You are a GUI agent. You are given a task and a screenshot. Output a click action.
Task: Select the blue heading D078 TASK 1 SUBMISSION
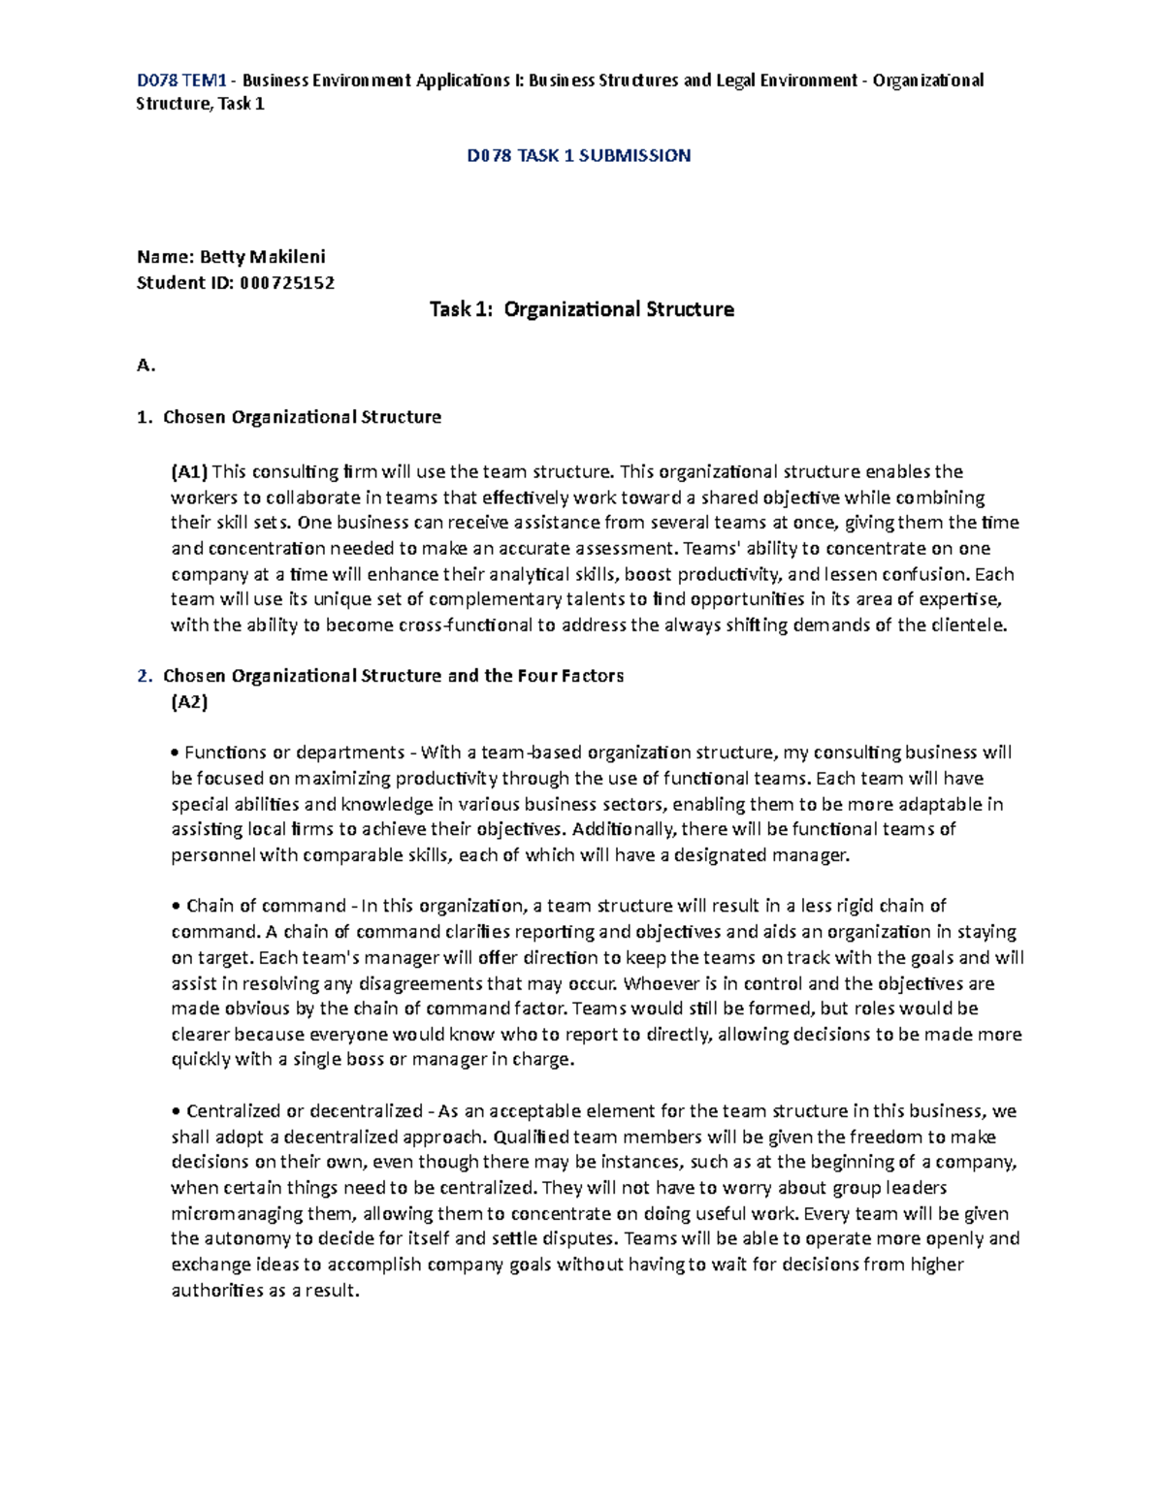(x=578, y=155)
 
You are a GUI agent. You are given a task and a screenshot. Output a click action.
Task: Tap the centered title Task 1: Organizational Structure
(x=581, y=309)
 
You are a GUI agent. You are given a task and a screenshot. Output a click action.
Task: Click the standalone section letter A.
(x=145, y=366)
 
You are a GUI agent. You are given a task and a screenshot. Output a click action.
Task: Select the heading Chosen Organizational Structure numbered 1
(x=302, y=417)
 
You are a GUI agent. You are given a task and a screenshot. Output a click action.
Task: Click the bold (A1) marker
(x=189, y=472)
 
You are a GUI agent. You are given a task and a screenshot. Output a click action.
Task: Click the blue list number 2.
(x=144, y=676)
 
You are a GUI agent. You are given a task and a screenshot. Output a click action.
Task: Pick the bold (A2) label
(x=189, y=702)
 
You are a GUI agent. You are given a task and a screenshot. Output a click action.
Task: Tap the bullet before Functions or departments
(x=175, y=753)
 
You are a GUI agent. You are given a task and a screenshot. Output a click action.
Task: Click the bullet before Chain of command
(x=175, y=907)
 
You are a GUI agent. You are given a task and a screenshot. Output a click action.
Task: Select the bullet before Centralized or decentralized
(x=175, y=1111)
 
